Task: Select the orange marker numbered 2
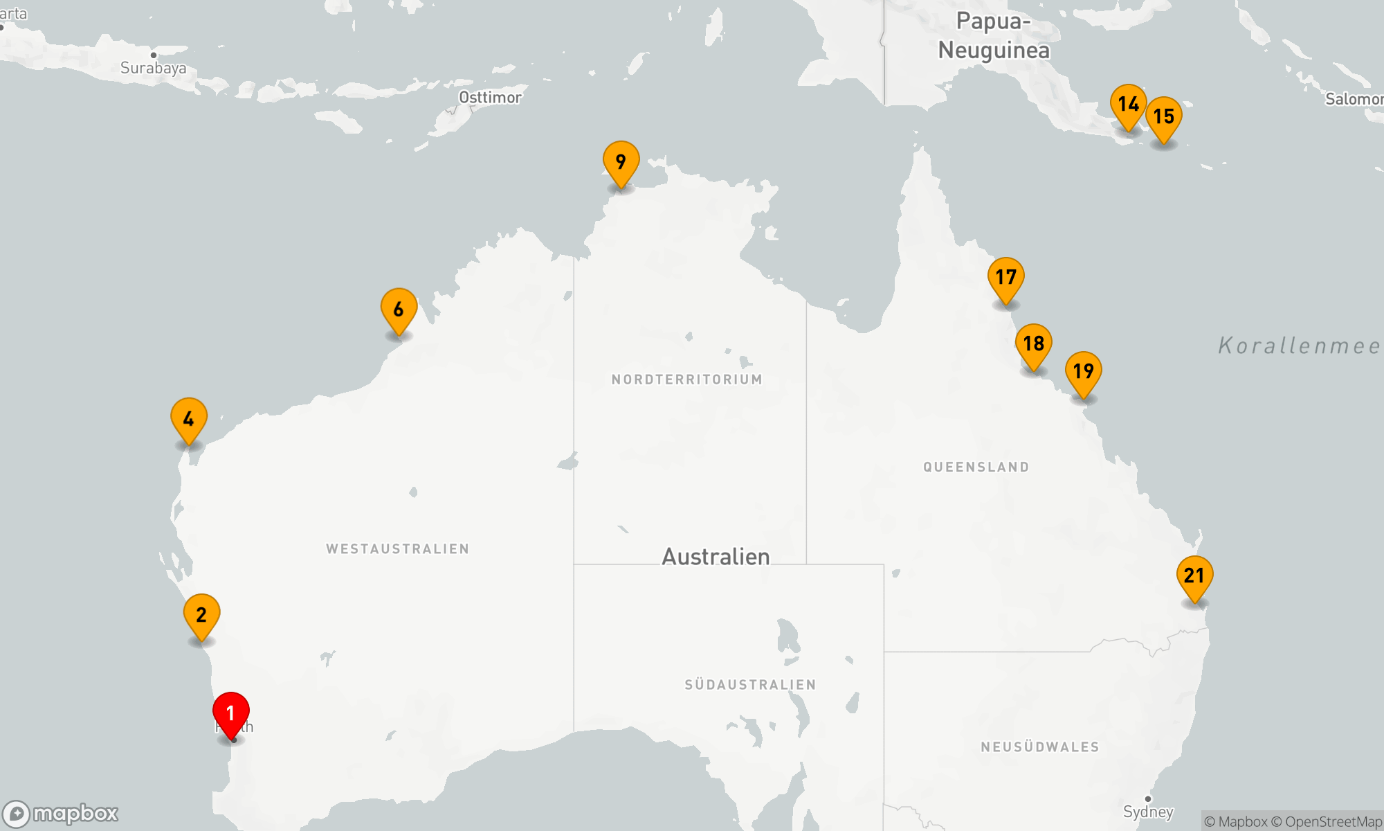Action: (201, 615)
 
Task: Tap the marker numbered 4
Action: (188, 419)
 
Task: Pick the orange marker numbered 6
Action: (399, 310)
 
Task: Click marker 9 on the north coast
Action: (621, 162)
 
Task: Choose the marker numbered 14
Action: (1128, 105)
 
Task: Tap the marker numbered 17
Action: (1005, 278)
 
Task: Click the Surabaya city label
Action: (153, 67)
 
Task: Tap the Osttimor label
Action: (490, 98)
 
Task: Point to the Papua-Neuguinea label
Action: (994, 36)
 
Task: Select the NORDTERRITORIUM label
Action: (686, 379)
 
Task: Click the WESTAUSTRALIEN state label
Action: (397, 549)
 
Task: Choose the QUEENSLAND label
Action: (976, 467)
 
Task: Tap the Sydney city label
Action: (1148, 811)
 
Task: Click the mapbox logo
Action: (61, 814)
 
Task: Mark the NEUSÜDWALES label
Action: (1039, 747)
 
